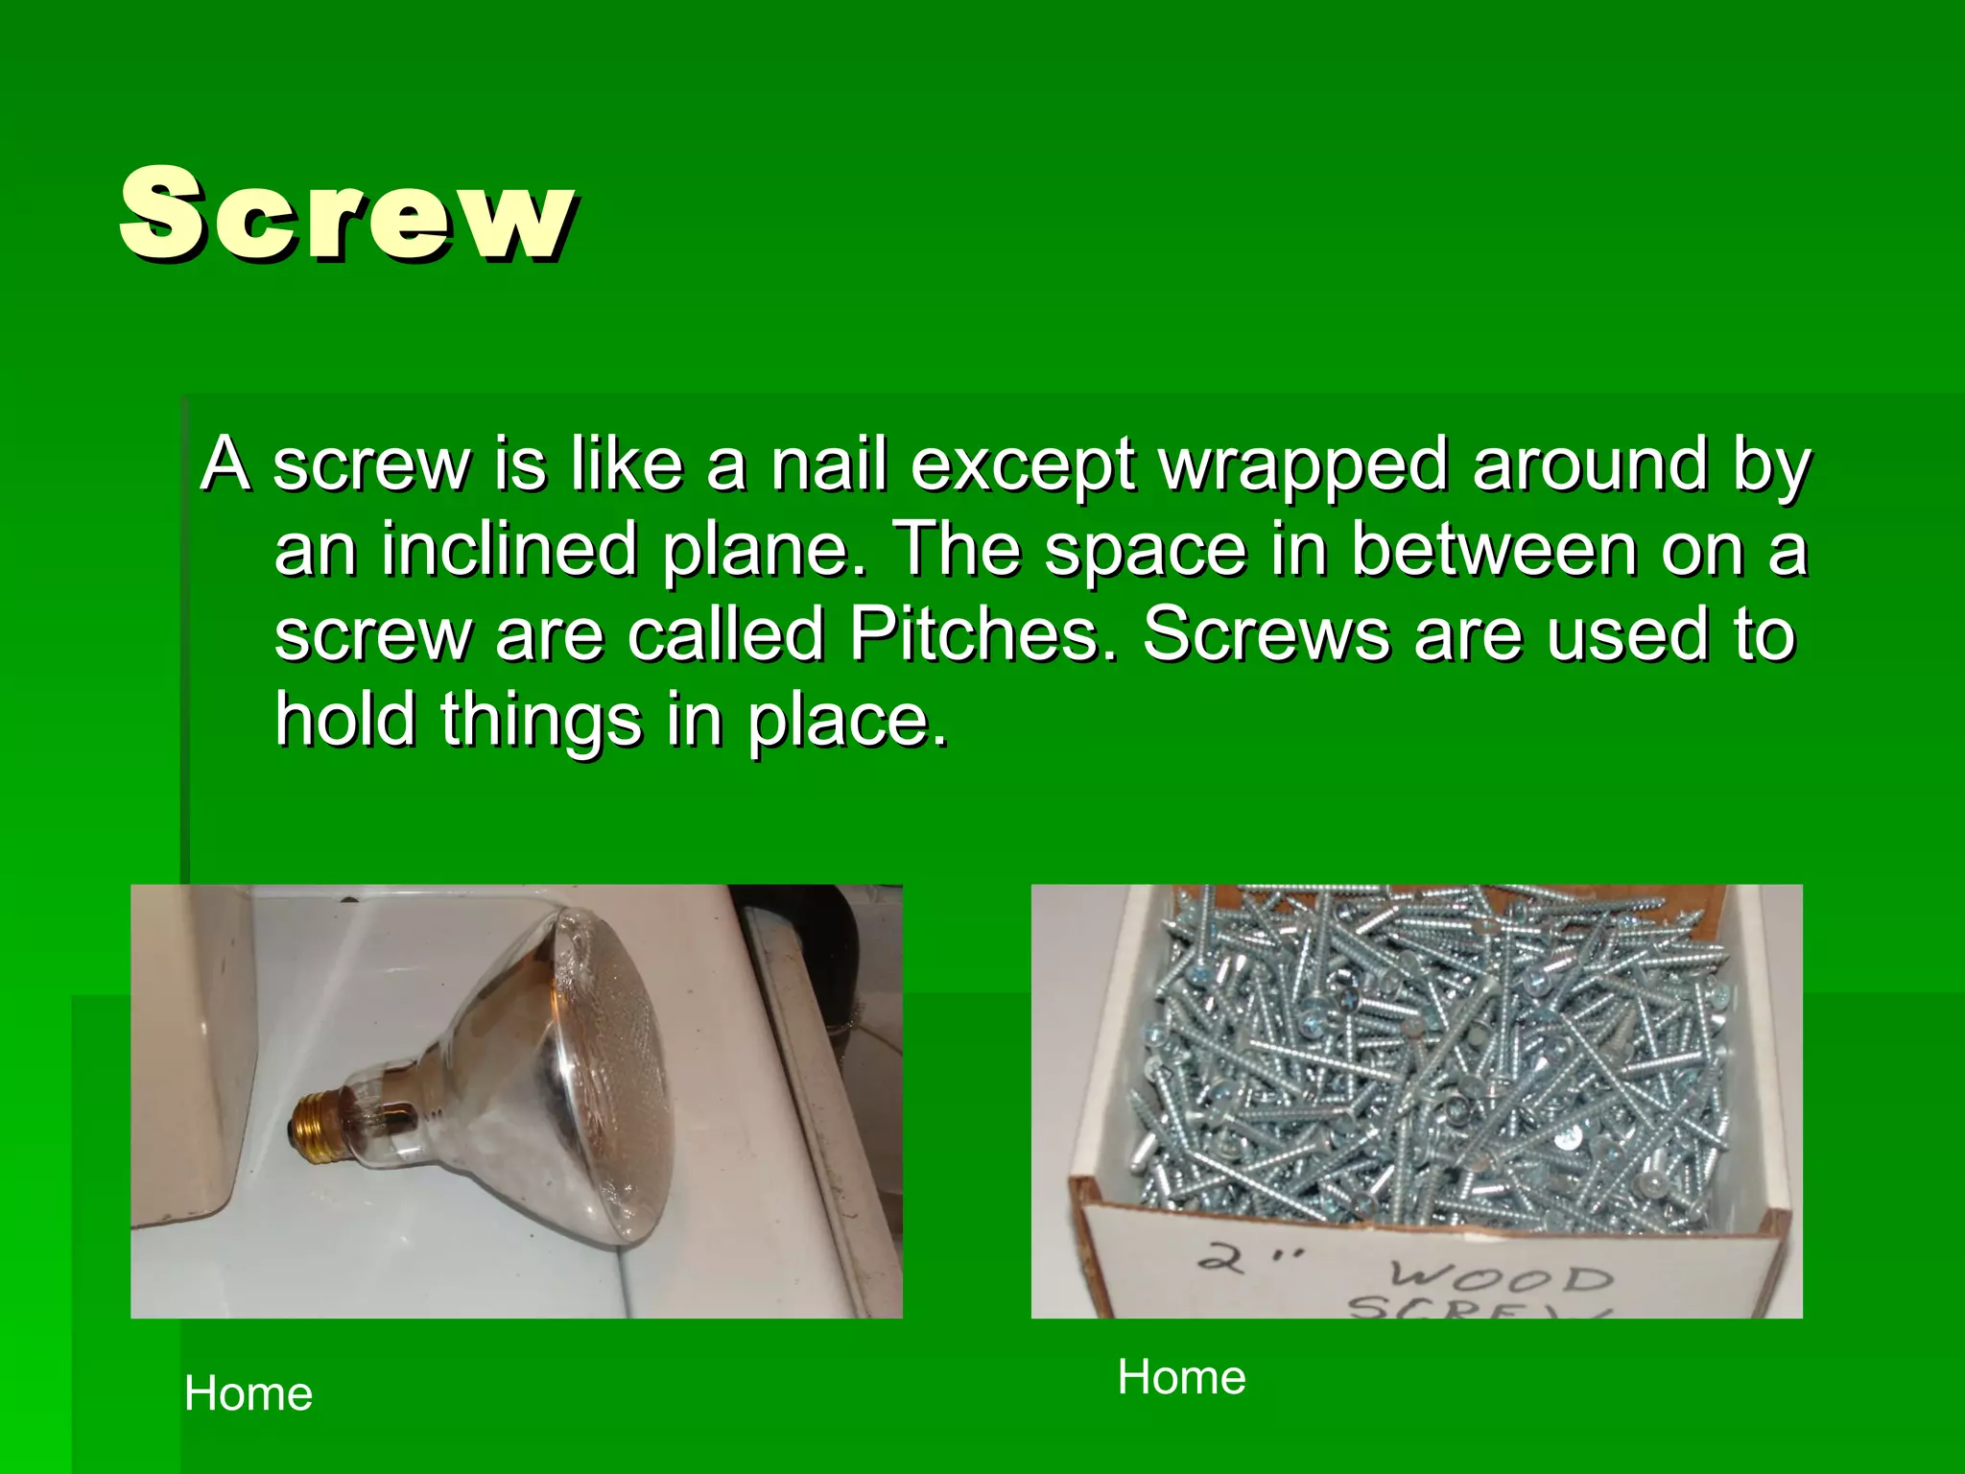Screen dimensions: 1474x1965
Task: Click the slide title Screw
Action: (347, 213)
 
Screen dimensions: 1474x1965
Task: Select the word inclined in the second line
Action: (509, 550)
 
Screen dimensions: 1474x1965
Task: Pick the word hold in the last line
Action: (345, 720)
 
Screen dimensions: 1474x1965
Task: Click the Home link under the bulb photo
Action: (249, 1393)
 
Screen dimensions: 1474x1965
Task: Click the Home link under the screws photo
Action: (1181, 1377)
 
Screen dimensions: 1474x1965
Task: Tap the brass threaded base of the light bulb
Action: (320, 1124)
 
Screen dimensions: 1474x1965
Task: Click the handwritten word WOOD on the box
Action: (1502, 1275)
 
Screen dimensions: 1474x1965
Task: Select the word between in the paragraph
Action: (1493, 550)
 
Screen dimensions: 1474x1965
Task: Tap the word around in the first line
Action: (1590, 464)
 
